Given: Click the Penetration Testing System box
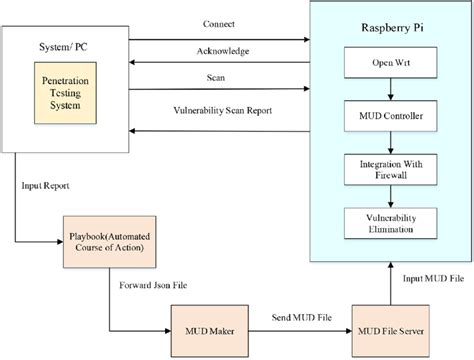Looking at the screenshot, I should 71,92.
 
